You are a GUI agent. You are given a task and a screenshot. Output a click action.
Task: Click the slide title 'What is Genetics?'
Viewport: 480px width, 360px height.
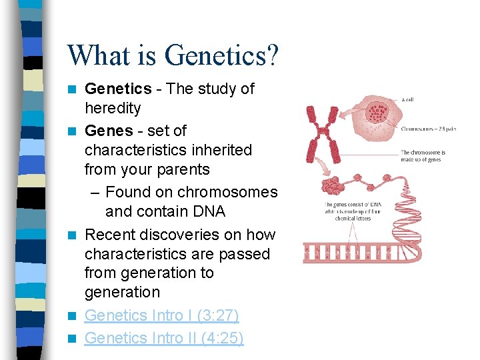173,55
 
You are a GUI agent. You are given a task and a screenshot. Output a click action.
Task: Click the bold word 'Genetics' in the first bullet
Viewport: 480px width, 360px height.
119,89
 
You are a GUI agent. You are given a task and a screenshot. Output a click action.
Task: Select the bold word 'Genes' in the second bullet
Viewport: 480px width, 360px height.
109,131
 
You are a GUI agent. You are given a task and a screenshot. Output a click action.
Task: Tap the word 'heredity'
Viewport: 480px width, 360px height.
113,108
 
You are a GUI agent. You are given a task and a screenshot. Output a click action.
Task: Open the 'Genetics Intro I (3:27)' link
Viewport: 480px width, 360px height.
162,315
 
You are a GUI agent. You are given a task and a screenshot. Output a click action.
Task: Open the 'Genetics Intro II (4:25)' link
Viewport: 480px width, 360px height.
164,338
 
